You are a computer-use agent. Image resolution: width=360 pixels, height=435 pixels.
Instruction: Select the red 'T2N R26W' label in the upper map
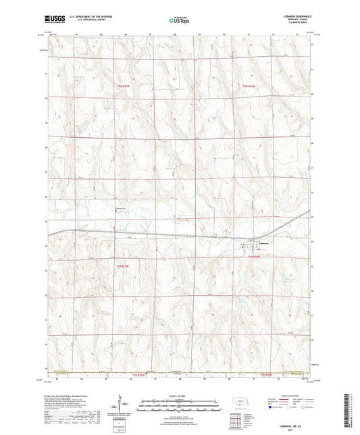tap(251, 86)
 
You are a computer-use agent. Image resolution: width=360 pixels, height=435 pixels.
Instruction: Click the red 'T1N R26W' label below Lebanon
tap(253, 257)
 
